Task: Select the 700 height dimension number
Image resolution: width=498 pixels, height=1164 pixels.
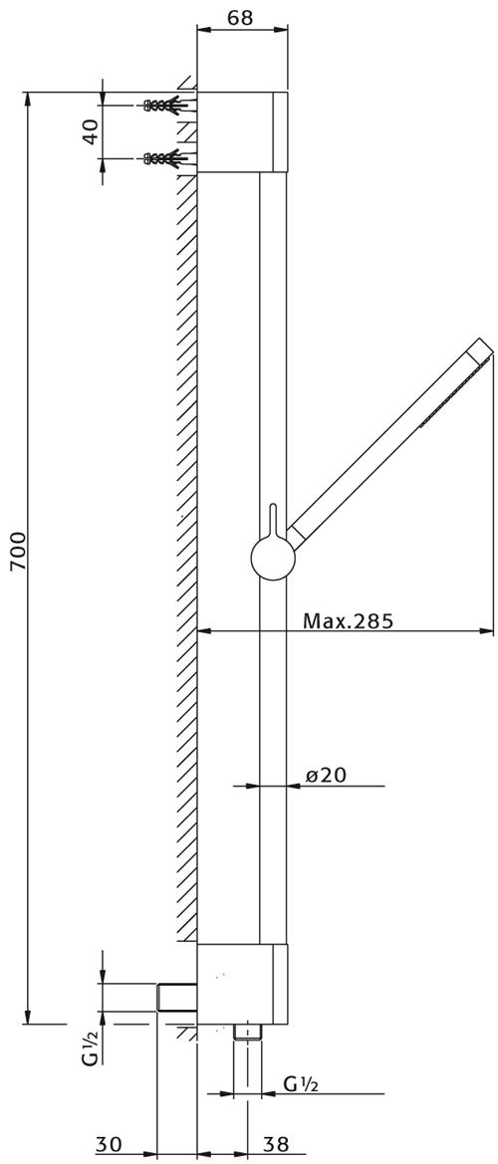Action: point(18,550)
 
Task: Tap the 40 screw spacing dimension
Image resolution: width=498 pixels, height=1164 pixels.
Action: point(89,130)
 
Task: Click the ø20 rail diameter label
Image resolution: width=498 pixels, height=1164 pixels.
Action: point(327,775)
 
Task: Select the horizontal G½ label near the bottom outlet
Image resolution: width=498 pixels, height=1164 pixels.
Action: point(301,1085)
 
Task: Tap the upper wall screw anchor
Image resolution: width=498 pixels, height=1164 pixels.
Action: point(163,104)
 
